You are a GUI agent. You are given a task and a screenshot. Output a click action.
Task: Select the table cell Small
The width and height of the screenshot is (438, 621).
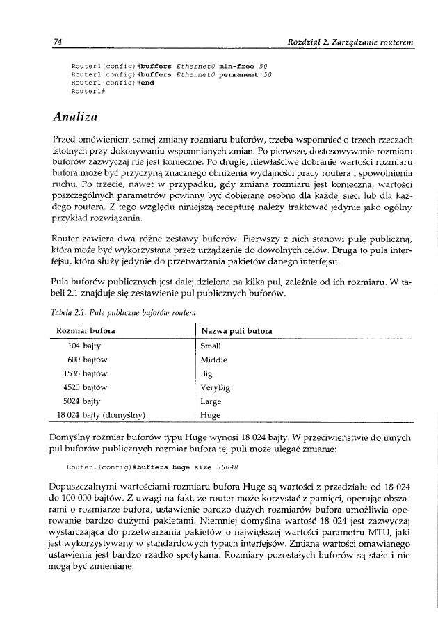tap(210, 346)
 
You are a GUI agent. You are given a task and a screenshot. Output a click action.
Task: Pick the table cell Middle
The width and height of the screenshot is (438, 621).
tap(213, 360)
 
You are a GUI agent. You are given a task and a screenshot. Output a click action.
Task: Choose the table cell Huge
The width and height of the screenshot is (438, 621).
tap(209, 416)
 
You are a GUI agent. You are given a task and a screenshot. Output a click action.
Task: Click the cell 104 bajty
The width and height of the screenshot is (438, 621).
tap(84, 346)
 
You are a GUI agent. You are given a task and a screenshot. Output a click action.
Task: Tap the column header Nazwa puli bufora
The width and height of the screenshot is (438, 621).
tap(236, 330)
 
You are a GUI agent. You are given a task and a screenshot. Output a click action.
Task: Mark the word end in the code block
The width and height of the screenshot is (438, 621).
tap(147, 82)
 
